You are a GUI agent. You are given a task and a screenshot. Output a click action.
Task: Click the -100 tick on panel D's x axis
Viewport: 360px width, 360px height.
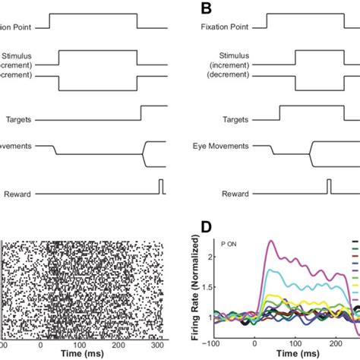[215, 345]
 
